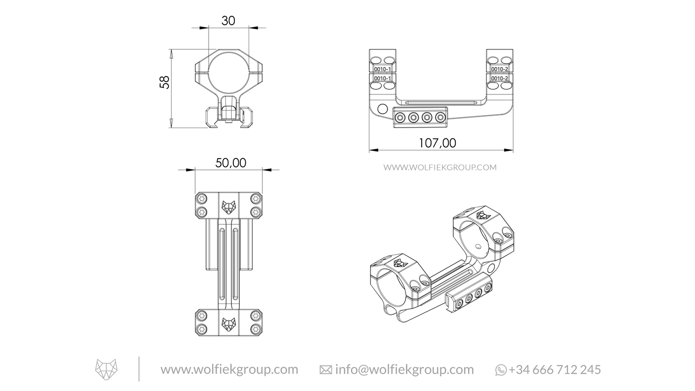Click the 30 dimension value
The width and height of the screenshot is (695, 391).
228,21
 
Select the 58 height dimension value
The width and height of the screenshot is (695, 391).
165,82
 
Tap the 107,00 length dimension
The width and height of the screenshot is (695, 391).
437,143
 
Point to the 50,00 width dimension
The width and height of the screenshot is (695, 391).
230,163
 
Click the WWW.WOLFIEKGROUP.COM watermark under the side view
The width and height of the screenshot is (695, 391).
440,168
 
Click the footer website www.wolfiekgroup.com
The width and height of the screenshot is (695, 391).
229,370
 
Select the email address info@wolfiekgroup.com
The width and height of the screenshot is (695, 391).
404,370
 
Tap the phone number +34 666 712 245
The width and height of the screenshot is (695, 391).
555,370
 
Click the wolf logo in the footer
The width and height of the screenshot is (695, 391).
107,369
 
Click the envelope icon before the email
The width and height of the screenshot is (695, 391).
326,370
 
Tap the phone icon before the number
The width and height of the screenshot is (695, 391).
501,370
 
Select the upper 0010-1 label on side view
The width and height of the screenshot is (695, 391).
383,69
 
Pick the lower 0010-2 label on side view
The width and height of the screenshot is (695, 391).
499,79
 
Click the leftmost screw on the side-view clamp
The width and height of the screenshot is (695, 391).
400,117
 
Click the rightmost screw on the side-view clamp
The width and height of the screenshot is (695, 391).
440,117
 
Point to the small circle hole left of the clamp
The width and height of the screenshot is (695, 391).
382,109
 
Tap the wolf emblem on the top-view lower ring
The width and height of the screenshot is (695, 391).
228,323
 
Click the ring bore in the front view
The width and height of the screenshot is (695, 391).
228,70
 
